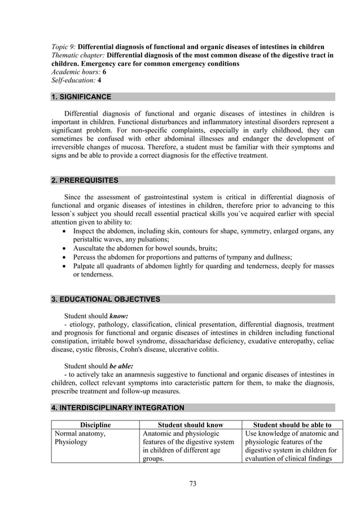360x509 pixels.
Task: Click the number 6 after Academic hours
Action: pos(104,73)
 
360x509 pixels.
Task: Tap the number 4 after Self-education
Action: pos(99,81)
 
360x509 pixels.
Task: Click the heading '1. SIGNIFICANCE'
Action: pos(81,97)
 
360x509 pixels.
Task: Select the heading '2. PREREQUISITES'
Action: pos(85,181)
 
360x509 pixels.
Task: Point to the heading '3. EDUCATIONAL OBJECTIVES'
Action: pos(106,299)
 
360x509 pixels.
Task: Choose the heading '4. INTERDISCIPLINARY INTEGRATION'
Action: pos(117,407)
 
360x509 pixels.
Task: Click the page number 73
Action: pos(192,484)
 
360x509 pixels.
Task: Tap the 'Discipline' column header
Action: pos(95,425)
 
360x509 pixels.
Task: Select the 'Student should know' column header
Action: pos(190,425)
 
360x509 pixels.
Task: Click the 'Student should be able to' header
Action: pos(292,425)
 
